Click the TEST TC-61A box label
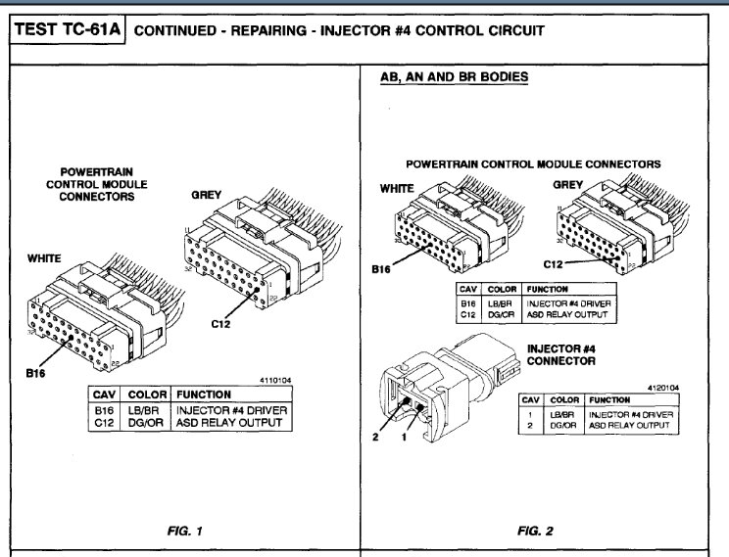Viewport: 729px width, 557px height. pyautogui.click(x=66, y=30)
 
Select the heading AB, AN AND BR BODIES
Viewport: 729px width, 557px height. pyautogui.click(x=454, y=76)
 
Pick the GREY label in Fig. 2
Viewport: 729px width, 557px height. pyautogui.click(x=568, y=183)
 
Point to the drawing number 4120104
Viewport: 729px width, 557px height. pyautogui.click(x=661, y=388)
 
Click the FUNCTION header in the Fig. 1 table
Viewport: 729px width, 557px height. pyautogui.click(x=204, y=394)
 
